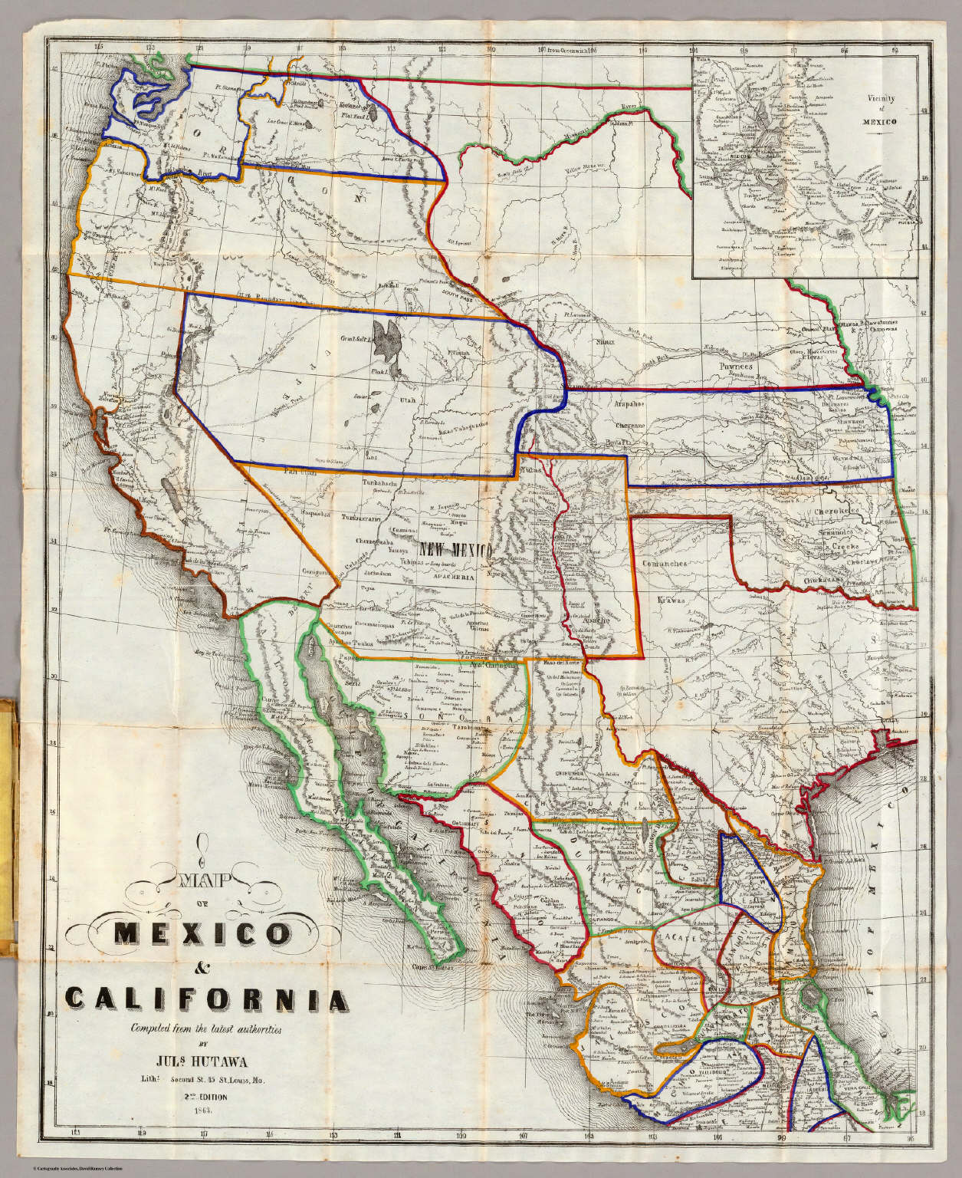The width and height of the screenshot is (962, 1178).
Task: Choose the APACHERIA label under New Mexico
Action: click(x=448, y=572)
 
